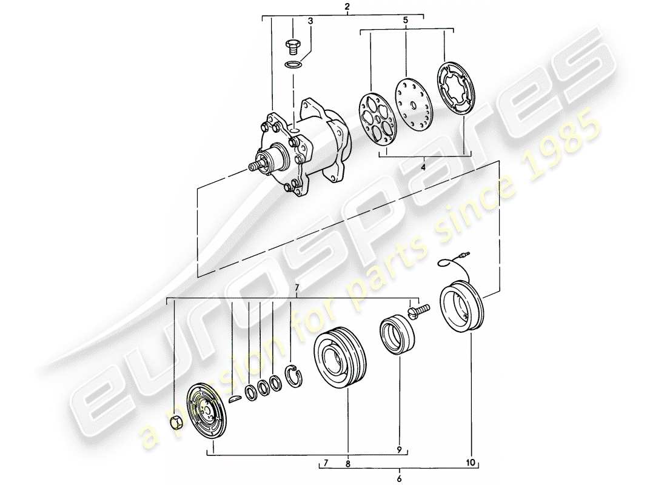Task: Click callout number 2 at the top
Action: (346, 7)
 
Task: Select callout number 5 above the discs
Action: (406, 20)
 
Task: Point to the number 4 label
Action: (423, 166)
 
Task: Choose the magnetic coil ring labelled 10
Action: (460, 310)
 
